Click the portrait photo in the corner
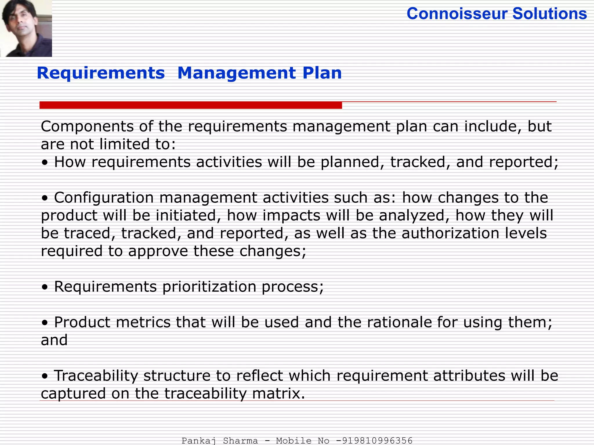tap(26, 28)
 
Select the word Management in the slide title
tap(237, 73)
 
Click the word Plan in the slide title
tap(322, 73)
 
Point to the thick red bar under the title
tap(191, 105)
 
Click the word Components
tap(87, 127)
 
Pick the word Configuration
tap(104, 198)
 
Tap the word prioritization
tap(209, 287)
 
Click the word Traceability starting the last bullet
tap(96, 376)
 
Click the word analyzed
tap(412, 216)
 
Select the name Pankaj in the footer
tap(199, 441)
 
